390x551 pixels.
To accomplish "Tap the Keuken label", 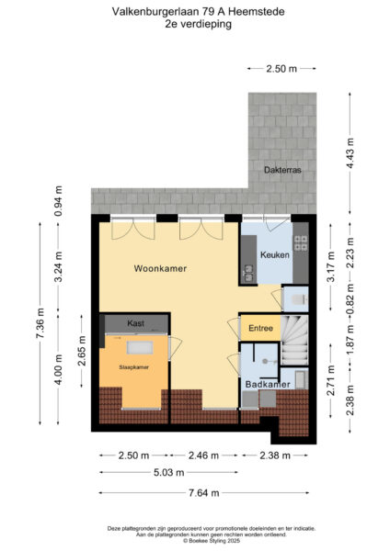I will (x=274, y=254).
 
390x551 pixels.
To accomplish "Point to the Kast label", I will (x=136, y=323).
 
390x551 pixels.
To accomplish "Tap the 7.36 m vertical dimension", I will (x=40, y=323).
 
